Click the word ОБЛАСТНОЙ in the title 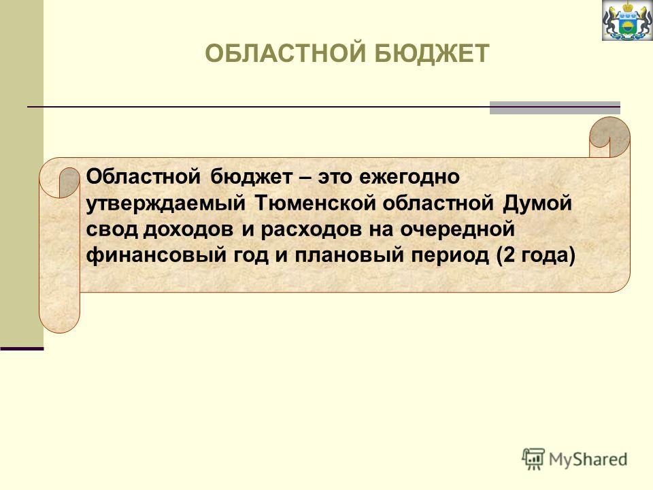[286, 53]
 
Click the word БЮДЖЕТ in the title [431, 53]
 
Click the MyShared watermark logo [575, 459]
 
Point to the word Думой [537, 203]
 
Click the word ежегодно [409, 178]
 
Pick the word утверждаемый [166, 204]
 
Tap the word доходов [188, 229]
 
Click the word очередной [458, 229]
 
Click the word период [450, 255]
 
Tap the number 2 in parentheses [509, 255]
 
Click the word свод [112, 229]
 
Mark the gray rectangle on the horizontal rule [555, 108]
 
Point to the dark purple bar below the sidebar [22, 348]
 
